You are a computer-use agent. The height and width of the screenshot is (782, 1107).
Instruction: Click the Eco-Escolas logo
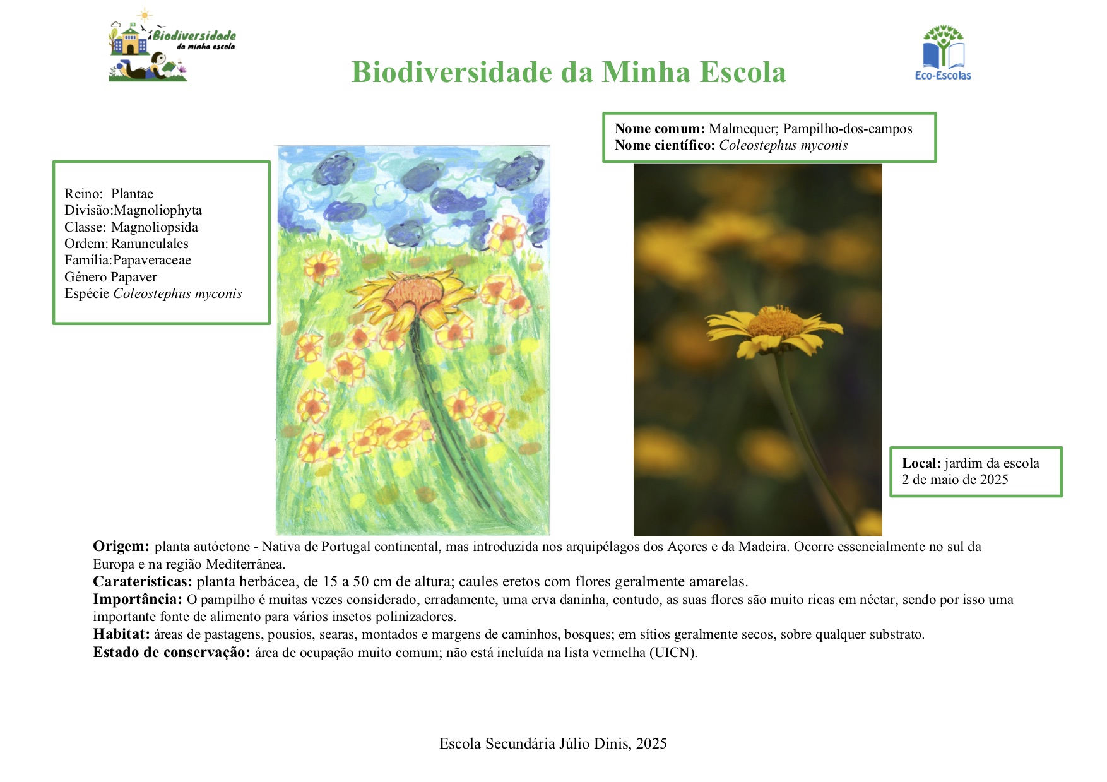[x=943, y=53]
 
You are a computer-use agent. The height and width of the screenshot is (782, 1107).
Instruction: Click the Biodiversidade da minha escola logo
[x=172, y=45]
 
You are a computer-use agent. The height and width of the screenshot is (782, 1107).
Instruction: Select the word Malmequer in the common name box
[x=742, y=129]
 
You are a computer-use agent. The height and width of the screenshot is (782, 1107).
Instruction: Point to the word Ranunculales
[x=150, y=244]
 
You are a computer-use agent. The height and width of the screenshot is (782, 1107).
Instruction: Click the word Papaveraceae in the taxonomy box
[x=151, y=260]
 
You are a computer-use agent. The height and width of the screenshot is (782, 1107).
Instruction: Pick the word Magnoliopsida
[x=155, y=227]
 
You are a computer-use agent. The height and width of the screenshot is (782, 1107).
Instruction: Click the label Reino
[x=83, y=194]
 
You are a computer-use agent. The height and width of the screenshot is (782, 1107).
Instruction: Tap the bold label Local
[x=921, y=463]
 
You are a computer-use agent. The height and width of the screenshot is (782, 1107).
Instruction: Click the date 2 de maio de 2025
[x=955, y=480]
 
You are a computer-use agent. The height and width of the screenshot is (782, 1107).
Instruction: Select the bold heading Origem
[x=121, y=547]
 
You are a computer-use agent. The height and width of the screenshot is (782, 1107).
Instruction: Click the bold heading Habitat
[x=121, y=634]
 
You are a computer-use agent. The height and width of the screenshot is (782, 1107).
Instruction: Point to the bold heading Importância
[x=138, y=600]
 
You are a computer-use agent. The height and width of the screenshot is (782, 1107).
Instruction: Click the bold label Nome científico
[x=665, y=145]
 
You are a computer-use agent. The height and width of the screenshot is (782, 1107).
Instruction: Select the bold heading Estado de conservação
[x=172, y=653]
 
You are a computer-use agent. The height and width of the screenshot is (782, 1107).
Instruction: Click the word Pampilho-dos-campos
[x=848, y=129]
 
